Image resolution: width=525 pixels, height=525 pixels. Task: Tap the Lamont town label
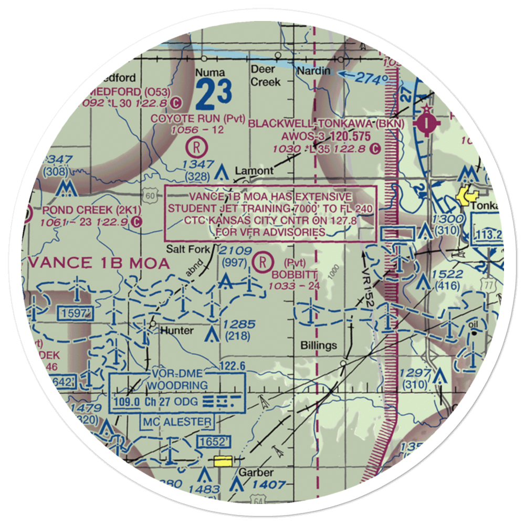click(x=254, y=171)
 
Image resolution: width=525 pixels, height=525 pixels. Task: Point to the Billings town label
click(x=319, y=345)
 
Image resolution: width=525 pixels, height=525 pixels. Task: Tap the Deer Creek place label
click(x=265, y=76)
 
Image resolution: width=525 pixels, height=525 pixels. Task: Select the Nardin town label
click(x=314, y=70)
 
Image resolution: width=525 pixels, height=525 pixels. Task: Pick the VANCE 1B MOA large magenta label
click(x=100, y=262)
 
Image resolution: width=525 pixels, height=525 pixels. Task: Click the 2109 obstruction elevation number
click(x=236, y=251)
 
